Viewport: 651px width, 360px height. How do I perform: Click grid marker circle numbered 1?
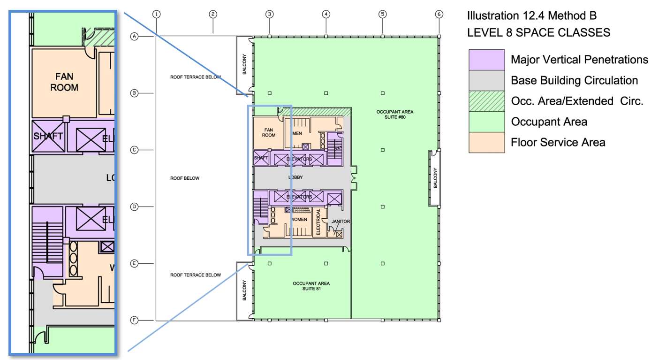[157, 14]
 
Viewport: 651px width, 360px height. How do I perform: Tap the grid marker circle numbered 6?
[439, 14]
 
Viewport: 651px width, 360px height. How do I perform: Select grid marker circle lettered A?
[134, 37]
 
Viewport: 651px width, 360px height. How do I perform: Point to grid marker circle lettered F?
[134, 321]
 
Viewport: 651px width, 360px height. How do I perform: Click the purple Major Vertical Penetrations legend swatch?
[486, 60]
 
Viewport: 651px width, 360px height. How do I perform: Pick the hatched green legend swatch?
[486, 101]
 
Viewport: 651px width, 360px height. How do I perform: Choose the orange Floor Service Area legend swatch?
[486, 142]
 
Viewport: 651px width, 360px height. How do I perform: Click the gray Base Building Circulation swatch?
[486, 80]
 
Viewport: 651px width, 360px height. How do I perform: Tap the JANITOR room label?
[341, 222]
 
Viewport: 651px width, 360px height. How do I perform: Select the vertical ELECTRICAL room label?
[318, 222]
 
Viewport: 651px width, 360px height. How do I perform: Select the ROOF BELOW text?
[185, 178]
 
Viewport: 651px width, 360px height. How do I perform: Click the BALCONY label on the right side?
[435, 178]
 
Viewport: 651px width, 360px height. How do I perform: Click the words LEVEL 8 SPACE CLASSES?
[538, 32]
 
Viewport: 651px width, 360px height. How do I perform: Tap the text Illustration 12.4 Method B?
[531, 15]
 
